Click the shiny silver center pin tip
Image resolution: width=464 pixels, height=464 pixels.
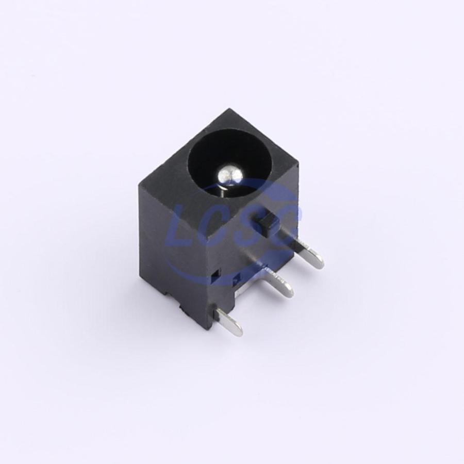(x=228, y=176)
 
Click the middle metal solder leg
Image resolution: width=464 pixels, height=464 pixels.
(x=277, y=280)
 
